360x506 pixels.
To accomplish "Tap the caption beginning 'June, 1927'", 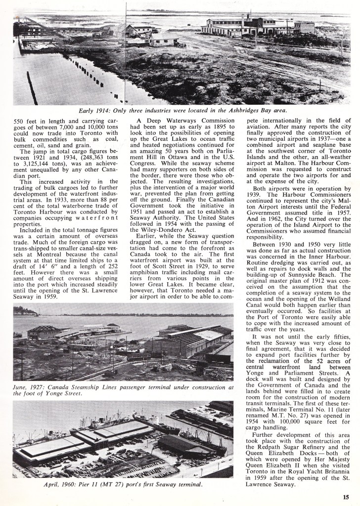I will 123,391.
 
